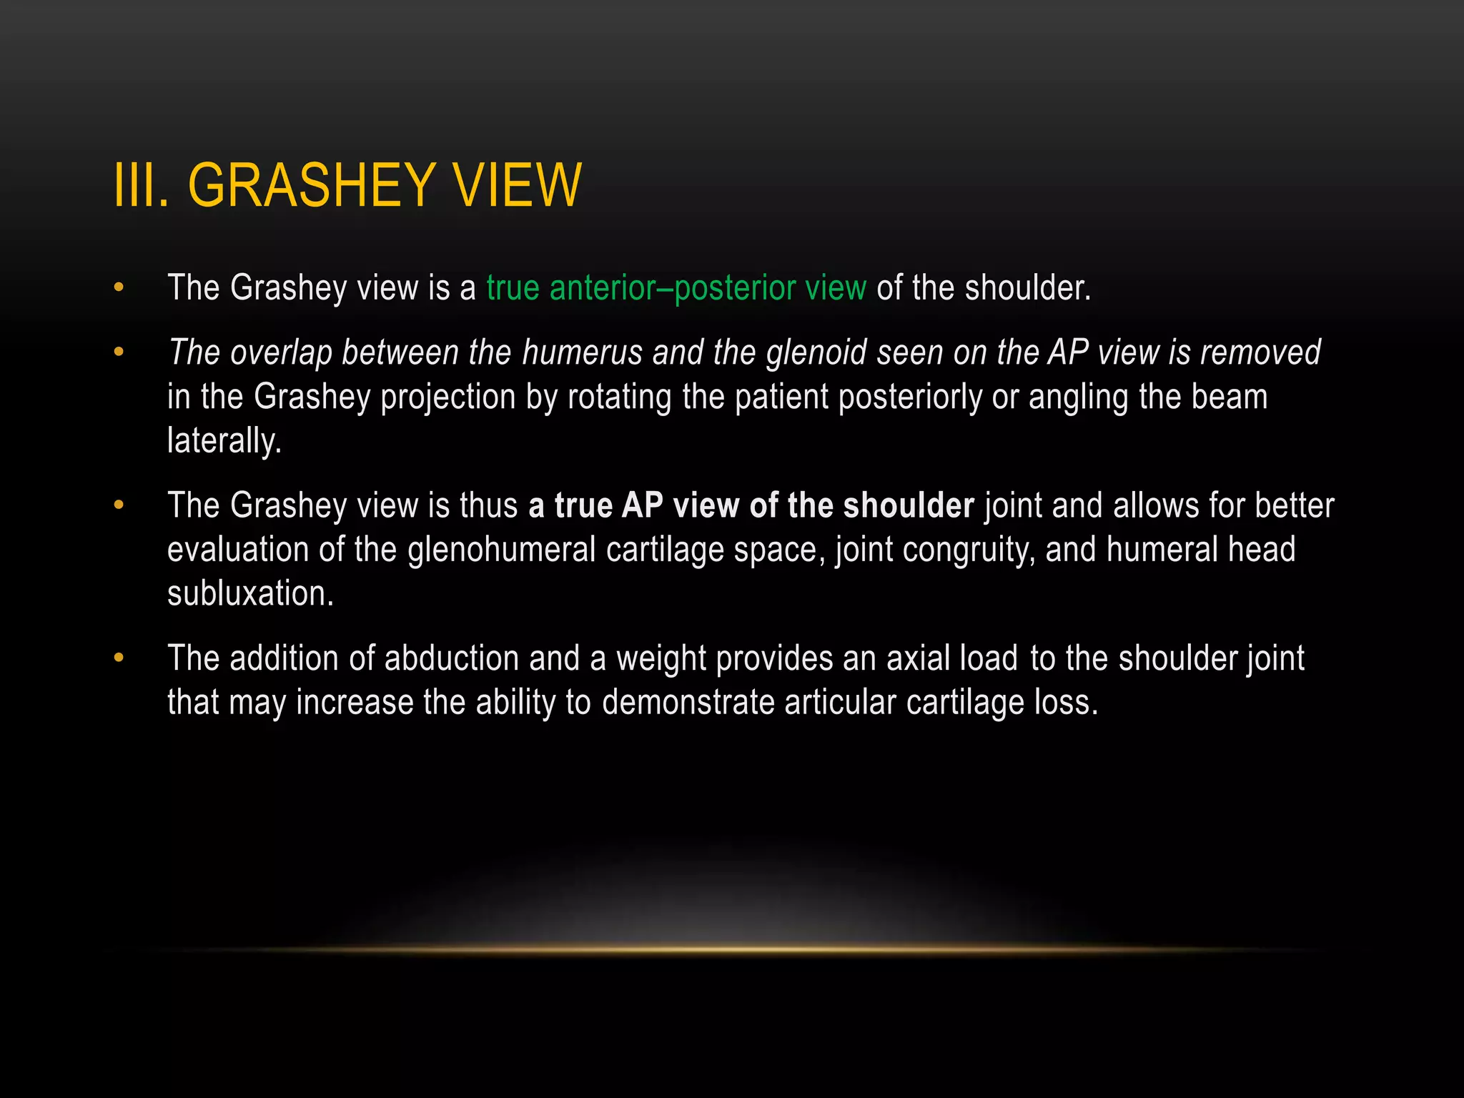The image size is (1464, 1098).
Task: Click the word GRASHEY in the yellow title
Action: [311, 185]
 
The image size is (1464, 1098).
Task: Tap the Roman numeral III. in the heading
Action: [142, 185]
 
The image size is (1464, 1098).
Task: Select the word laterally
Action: [224, 440]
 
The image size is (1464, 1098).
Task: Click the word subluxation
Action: [250, 593]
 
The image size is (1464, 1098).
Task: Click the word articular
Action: [840, 703]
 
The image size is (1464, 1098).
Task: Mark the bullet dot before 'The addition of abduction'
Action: [119, 658]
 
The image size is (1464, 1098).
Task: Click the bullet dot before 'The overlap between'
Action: [119, 352]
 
